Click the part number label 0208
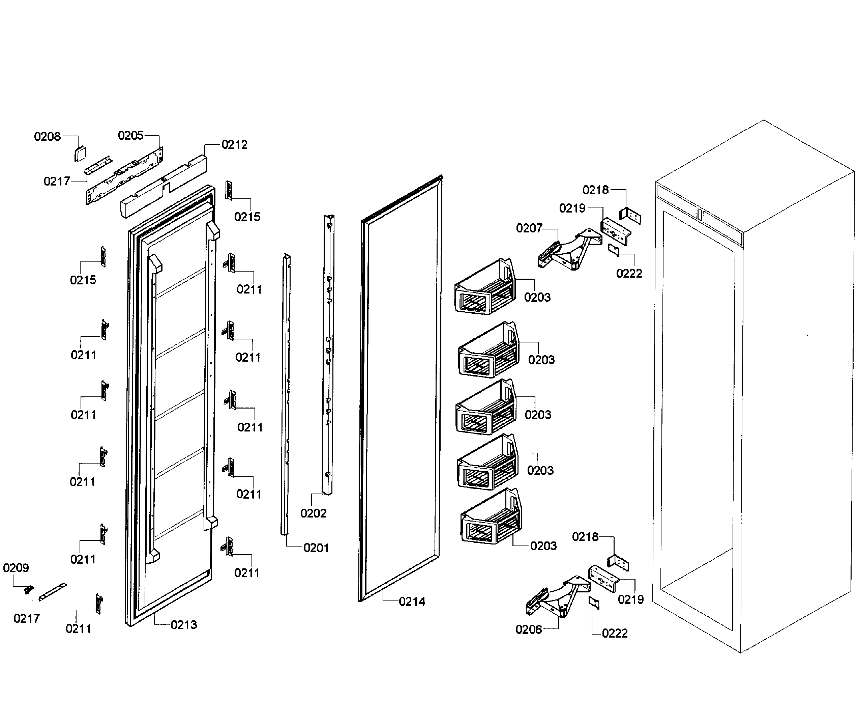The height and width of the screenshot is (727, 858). tap(47, 136)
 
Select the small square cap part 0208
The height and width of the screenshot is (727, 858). tap(80, 154)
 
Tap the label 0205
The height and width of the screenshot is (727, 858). tap(130, 136)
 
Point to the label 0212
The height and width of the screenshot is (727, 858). tap(234, 145)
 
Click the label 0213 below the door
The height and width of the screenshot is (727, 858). tap(184, 625)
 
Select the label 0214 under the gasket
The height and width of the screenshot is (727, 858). tap(412, 602)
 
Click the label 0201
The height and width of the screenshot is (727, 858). tap(316, 548)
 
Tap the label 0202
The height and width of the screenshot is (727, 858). tap(313, 513)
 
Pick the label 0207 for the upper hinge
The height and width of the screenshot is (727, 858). tap(529, 228)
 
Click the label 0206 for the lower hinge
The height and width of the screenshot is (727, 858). tap(529, 630)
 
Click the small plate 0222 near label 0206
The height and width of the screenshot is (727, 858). tap(594, 603)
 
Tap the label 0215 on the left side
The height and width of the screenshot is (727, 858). tap(83, 280)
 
